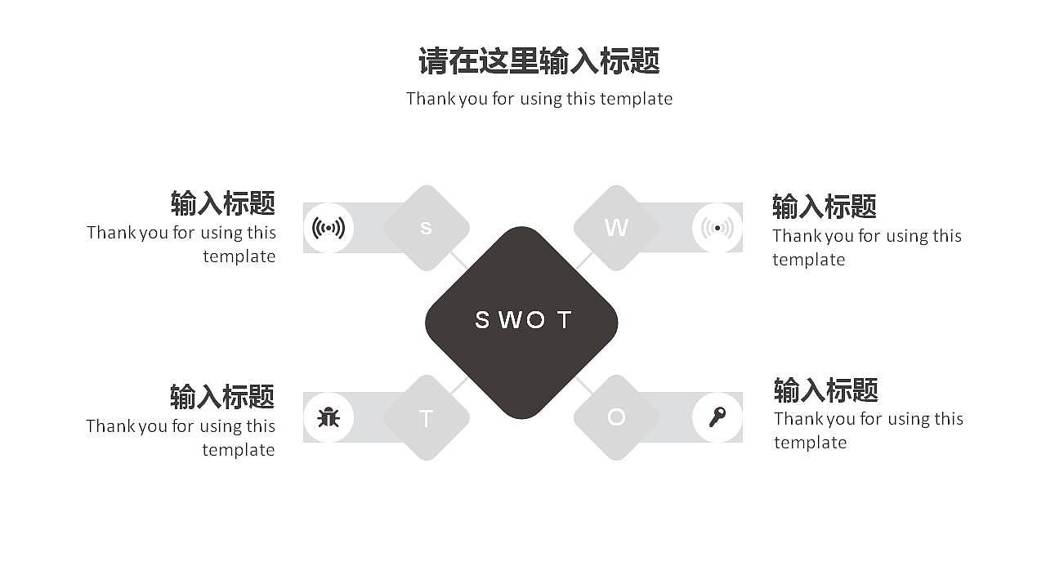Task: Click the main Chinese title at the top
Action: point(539,61)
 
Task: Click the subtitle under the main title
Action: point(539,99)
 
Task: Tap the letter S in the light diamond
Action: point(426,228)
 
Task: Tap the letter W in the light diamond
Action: point(616,228)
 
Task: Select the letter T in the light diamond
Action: point(426,419)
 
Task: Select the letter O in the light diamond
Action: point(616,417)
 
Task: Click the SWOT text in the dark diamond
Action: point(522,320)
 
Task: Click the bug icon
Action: point(329,417)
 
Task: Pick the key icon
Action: point(717,417)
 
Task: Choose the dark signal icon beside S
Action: point(329,228)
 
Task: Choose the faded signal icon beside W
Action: point(717,228)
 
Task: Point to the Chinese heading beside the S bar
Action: point(222,203)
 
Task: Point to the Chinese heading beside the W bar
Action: point(824,207)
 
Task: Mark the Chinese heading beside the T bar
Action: point(222,396)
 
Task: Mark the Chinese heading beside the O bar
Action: point(825,390)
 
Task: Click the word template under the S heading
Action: point(239,256)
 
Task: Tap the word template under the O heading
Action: point(810,443)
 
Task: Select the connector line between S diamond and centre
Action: point(460,261)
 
